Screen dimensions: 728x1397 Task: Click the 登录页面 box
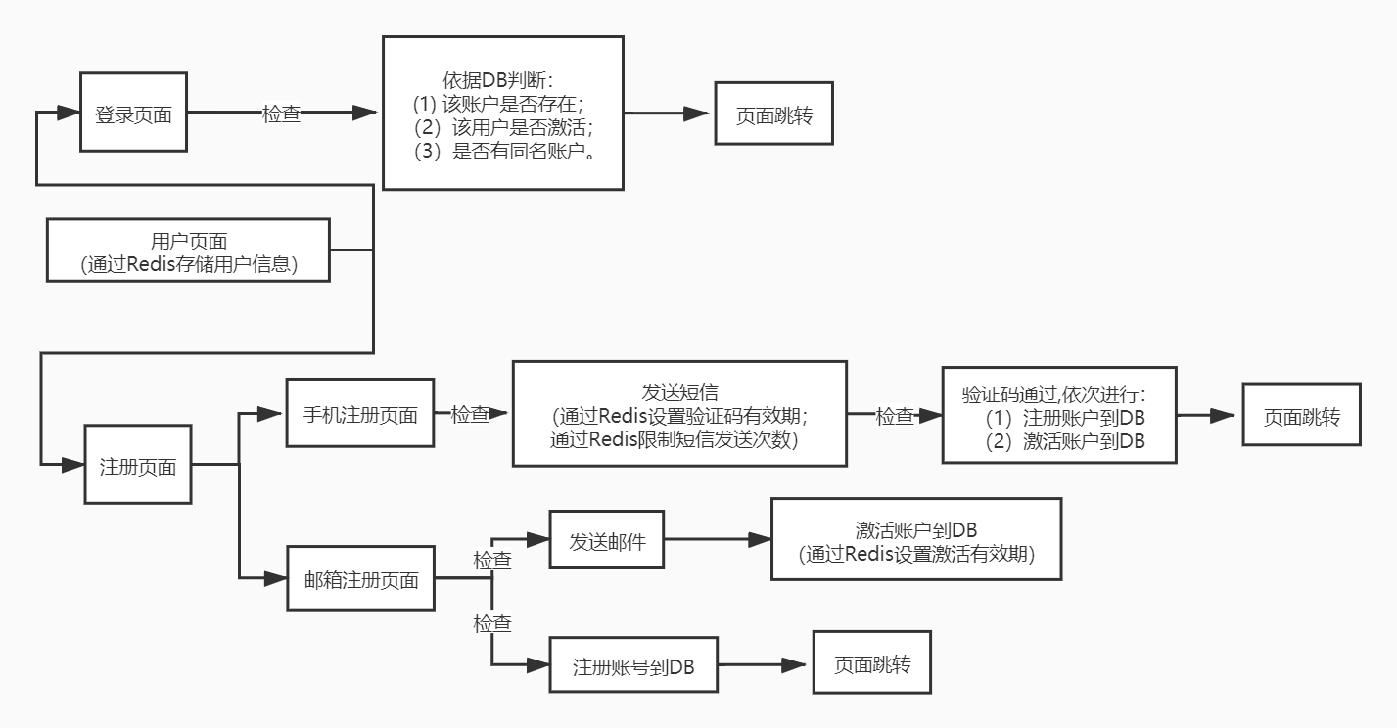pyautogui.click(x=132, y=114)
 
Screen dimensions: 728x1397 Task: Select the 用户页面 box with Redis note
pyautogui.click(x=189, y=251)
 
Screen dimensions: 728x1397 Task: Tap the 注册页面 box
pyautogui.click(x=137, y=465)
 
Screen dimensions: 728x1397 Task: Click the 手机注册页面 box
pyautogui.click(x=360, y=414)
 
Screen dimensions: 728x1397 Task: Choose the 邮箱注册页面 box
pyautogui.click(x=360, y=579)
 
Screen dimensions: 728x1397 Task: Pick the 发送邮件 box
pyautogui.click(x=607, y=540)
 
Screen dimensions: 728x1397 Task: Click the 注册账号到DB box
pyautogui.click(x=633, y=667)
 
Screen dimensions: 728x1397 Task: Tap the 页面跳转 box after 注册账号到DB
pyautogui.click(x=871, y=665)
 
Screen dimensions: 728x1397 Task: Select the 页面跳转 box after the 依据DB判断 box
pyautogui.click(x=773, y=114)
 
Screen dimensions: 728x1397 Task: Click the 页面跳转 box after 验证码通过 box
pyautogui.click(x=1300, y=415)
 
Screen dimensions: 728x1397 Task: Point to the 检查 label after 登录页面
pyautogui.click(x=281, y=114)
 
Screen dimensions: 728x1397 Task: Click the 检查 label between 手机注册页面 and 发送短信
pyautogui.click(x=469, y=414)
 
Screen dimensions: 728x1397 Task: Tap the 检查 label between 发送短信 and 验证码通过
pyautogui.click(x=894, y=416)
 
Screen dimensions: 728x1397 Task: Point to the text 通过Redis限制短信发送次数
pyautogui.click(x=675, y=439)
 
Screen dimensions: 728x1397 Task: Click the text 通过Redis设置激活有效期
pyautogui.click(x=916, y=554)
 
